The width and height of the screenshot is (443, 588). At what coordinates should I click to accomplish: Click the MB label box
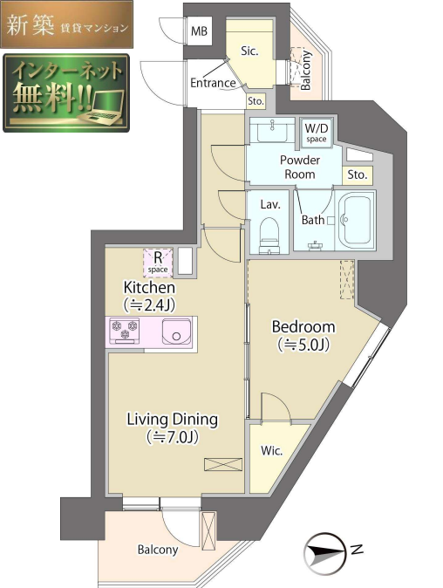pos(200,32)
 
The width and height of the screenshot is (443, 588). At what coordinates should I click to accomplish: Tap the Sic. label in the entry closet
pos(249,51)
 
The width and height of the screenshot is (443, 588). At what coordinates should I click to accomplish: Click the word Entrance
pos(214,84)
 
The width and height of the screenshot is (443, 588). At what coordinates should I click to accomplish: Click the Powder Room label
pos(300,167)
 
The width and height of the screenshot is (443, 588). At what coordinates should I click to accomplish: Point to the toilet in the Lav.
pos(271,234)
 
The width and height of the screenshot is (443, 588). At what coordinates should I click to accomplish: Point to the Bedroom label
pos(303,327)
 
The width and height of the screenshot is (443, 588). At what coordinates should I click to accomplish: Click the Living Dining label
pos(172,420)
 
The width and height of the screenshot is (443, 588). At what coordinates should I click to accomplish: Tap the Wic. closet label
pos(270,452)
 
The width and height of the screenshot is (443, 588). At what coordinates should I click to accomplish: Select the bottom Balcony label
pos(158,550)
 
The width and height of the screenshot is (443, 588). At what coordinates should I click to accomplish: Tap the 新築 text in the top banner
pos(28,26)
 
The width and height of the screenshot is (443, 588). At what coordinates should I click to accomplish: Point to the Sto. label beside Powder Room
pos(357,174)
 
